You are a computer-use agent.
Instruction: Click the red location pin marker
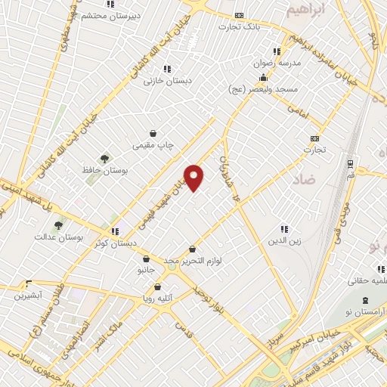coord(194,177)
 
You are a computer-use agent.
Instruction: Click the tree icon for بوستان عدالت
coord(57,224)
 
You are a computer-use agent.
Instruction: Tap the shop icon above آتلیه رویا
coord(157,286)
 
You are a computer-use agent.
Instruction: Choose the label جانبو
coord(145,270)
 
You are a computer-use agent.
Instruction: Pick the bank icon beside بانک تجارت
coord(240,15)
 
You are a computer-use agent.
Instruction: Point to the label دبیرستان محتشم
coord(110,15)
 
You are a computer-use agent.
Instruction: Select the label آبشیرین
coord(29,295)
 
